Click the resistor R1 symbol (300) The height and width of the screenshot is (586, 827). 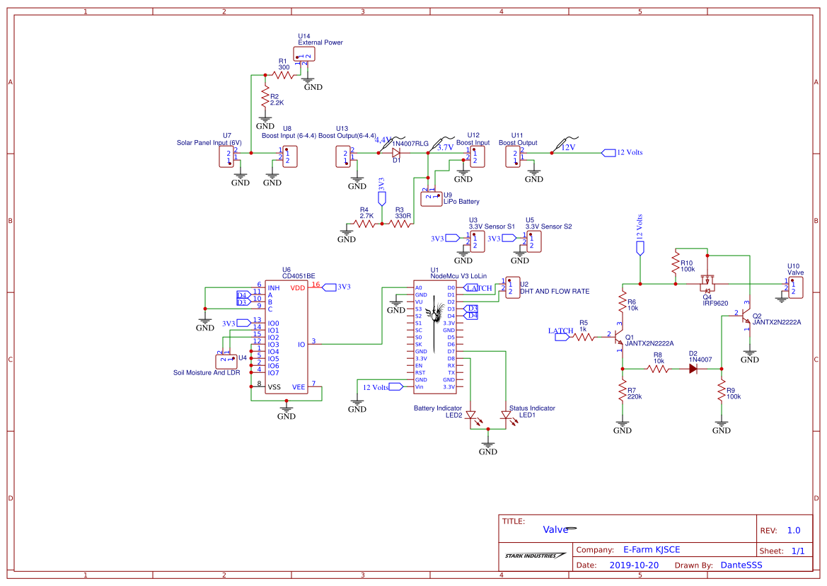[283, 74]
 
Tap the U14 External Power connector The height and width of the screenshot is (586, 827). [303, 55]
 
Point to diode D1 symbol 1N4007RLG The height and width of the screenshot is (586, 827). [396, 152]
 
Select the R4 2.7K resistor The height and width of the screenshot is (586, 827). [364, 224]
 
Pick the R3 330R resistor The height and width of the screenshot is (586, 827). [400, 224]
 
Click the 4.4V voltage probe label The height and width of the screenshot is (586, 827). [382, 140]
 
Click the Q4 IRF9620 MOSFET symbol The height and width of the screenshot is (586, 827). [707, 285]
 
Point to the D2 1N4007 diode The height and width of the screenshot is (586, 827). [693, 369]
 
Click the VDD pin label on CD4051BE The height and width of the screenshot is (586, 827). [298, 288]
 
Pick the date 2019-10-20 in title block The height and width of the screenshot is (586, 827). [634, 565]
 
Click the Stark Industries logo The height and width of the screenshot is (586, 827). [535, 556]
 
